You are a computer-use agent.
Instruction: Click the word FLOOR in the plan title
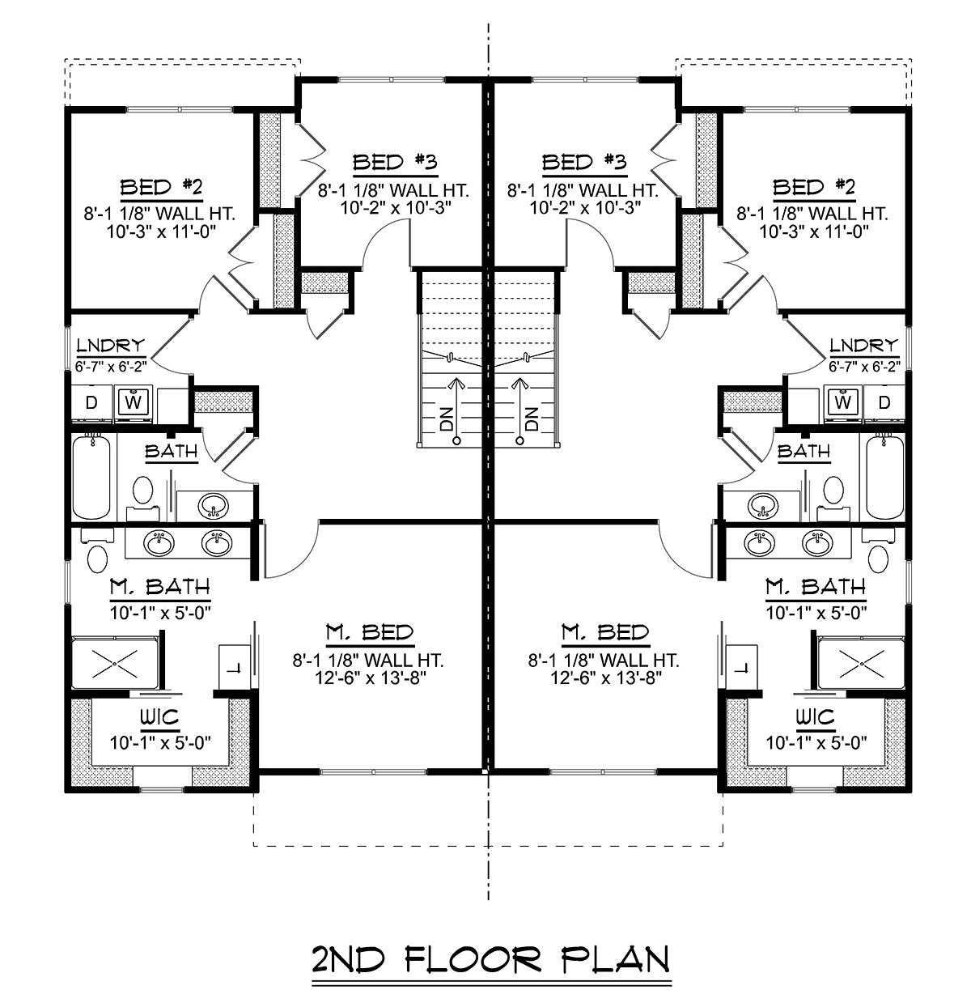(x=472, y=959)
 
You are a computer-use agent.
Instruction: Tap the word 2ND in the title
(x=349, y=959)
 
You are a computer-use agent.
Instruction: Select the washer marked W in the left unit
(x=134, y=402)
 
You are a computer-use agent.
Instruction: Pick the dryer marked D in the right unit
(x=884, y=402)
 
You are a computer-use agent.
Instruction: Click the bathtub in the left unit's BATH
(x=91, y=477)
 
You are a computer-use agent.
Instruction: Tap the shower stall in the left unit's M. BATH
(x=115, y=663)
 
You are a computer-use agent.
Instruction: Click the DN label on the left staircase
(x=447, y=419)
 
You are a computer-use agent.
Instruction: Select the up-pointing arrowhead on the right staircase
(x=519, y=383)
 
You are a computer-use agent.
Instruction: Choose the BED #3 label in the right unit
(x=584, y=162)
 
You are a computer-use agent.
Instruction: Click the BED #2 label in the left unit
(x=161, y=186)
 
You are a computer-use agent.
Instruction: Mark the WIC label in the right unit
(x=816, y=717)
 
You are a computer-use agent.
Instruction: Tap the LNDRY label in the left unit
(x=111, y=345)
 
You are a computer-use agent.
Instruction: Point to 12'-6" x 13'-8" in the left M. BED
(x=371, y=678)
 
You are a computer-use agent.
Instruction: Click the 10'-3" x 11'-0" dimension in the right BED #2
(x=813, y=232)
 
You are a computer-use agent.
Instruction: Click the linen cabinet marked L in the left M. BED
(x=235, y=668)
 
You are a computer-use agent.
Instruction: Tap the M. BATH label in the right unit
(x=816, y=587)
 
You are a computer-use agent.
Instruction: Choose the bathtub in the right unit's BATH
(x=885, y=477)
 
